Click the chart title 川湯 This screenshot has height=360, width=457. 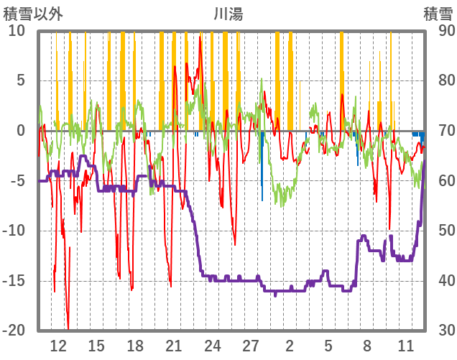(228, 14)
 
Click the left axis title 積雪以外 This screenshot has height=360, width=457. (34, 14)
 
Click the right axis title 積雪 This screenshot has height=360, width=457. (438, 14)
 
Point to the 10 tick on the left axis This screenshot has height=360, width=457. (17, 31)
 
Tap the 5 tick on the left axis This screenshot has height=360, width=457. (20, 80)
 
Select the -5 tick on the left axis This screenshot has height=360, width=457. (18, 180)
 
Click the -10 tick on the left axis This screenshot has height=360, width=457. (14, 231)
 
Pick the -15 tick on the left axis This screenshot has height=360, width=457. (14, 280)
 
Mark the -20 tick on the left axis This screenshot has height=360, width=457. (14, 331)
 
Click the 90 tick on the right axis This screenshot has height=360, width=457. (440, 31)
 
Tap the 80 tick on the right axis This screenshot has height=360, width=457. (440, 80)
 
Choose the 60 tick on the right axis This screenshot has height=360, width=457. (440, 180)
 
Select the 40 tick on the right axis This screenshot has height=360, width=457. (440, 280)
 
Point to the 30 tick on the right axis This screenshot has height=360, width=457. (440, 331)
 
